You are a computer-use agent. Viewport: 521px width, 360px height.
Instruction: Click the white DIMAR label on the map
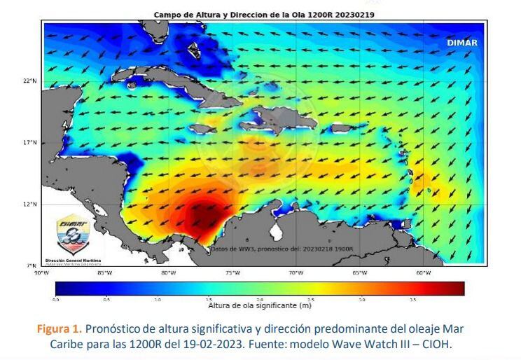tap(461, 43)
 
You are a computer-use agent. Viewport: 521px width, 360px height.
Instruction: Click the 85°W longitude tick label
tap(104, 272)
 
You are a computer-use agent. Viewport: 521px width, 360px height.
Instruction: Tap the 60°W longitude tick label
tap(422, 272)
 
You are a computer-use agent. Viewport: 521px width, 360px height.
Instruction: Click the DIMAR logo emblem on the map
tap(72, 233)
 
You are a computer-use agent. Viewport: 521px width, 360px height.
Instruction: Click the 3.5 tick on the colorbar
tap(412, 299)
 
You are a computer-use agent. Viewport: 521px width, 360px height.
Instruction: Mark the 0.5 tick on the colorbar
tap(106, 299)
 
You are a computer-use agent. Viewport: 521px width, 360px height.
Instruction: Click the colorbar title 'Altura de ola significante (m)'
tap(259, 305)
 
